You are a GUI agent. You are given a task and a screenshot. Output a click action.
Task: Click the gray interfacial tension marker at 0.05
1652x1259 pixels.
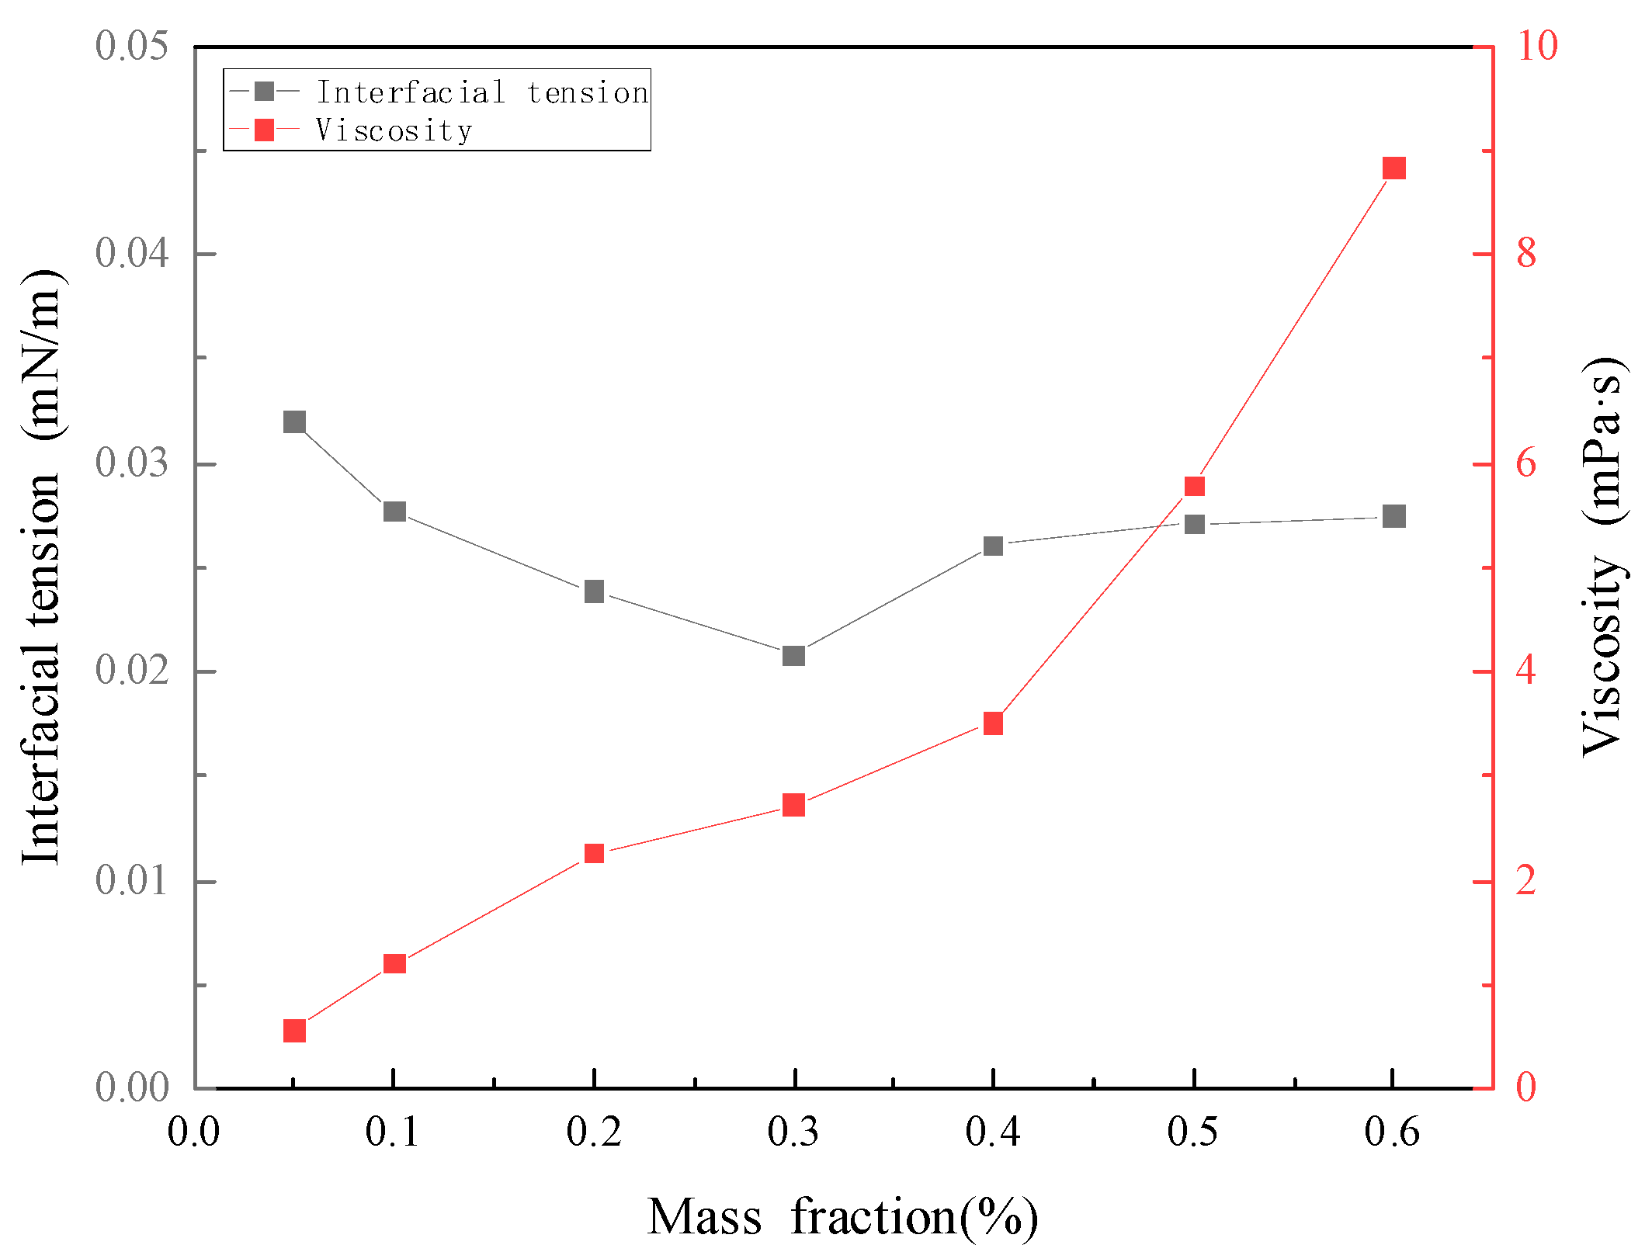pos(294,422)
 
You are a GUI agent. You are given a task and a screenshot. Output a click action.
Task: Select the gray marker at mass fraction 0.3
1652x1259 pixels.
pos(793,656)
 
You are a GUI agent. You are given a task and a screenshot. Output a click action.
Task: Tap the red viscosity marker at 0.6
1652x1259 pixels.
pos(1394,168)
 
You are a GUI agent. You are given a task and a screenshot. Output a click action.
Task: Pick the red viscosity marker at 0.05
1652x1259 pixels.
pos(294,1031)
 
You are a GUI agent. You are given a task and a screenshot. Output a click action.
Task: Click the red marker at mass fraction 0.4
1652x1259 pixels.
pos(993,723)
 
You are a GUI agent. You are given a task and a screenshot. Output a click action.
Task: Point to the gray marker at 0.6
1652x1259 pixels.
pos(1394,516)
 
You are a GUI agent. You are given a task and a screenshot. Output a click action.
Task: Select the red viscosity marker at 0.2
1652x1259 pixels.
pos(594,853)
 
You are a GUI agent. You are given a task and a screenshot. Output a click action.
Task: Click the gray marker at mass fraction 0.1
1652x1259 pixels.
pos(394,512)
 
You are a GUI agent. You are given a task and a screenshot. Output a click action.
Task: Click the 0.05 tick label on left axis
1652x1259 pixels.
pos(131,46)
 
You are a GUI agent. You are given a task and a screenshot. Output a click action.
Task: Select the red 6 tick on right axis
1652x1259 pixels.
pos(1525,463)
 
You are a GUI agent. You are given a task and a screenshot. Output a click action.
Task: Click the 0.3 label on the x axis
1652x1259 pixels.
pos(793,1132)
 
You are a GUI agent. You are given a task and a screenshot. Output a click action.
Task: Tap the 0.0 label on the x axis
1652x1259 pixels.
pos(194,1132)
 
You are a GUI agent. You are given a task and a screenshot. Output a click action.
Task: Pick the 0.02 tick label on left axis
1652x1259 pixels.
pos(131,671)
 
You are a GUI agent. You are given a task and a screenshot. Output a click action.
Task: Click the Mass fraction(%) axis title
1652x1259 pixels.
pos(842,1216)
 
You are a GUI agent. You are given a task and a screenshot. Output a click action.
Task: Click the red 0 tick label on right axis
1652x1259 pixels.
pos(1525,1087)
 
